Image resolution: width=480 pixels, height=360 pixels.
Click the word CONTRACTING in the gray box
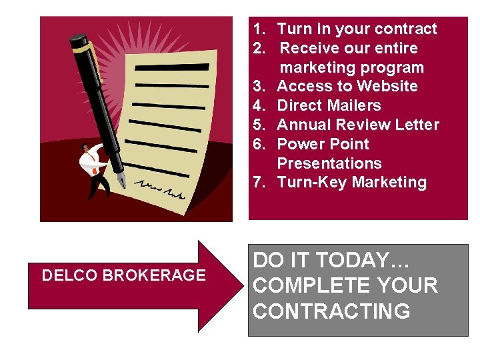(332, 311)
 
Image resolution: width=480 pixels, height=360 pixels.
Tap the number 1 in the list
(257, 29)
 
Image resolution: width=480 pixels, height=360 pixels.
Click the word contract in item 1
(405, 29)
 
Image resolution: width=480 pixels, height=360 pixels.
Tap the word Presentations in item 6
(329, 163)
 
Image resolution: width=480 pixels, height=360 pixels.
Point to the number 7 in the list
(257, 182)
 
